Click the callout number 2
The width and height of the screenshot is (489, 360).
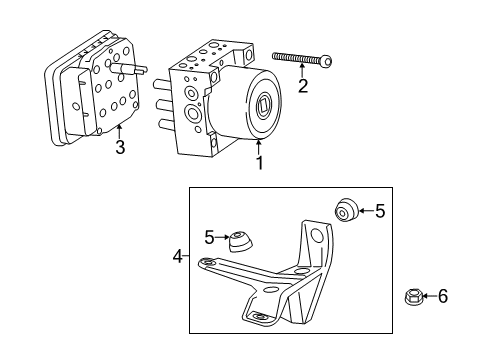click(x=303, y=86)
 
